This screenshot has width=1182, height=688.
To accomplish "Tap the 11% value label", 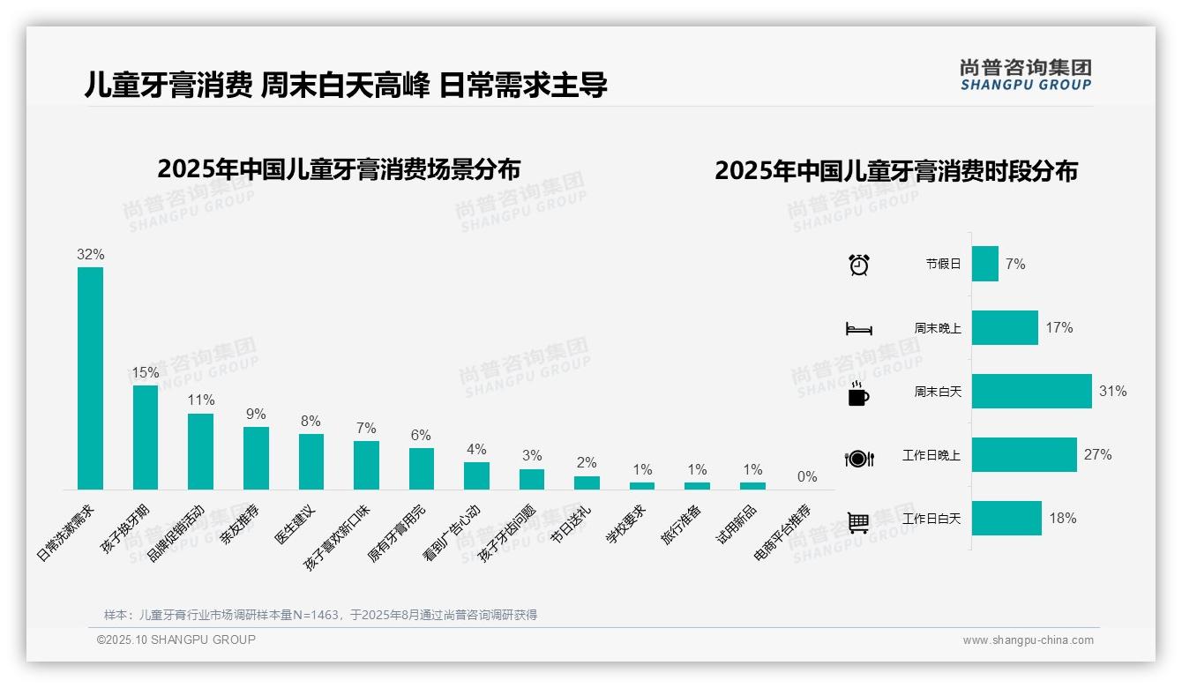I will [x=200, y=400].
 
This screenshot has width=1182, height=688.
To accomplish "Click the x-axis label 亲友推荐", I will [x=240, y=525].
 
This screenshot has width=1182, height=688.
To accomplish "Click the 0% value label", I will [x=807, y=476].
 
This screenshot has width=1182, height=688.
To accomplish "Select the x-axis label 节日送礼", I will [x=571, y=525].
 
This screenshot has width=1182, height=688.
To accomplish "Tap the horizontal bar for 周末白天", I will [x=1031, y=391].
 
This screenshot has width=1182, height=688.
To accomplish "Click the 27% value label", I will [x=1098, y=455].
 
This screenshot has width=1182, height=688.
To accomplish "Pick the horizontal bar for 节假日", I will [x=984, y=264].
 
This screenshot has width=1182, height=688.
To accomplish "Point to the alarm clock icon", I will [x=858, y=265].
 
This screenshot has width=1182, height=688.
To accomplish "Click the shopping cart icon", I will [x=858, y=522].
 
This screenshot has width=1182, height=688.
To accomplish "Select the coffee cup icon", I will [x=858, y=393].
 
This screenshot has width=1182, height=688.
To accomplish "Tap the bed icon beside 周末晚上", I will [x=858, y=329].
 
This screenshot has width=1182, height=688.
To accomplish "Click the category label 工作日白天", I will [x=931, y=519].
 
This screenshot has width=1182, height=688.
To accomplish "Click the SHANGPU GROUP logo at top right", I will [x=1025, y=75].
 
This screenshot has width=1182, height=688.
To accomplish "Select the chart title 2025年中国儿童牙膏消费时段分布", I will [x=896, y=171].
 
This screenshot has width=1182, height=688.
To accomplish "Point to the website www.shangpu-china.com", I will [x=1028, y=640].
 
